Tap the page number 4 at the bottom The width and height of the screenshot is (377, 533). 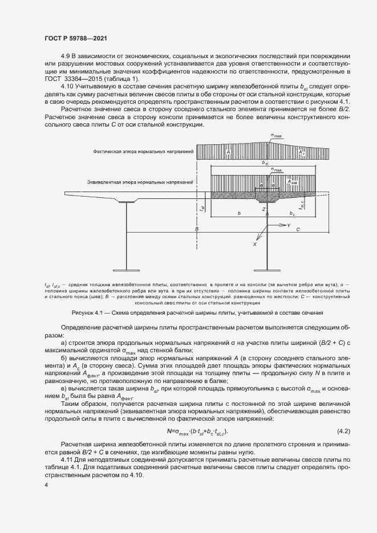46,485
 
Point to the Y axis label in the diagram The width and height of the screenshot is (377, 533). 289,226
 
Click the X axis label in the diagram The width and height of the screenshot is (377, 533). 255,244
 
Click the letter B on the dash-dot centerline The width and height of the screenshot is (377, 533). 196,228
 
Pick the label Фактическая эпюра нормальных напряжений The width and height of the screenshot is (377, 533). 144,152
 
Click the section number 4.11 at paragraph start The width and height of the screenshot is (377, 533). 67,459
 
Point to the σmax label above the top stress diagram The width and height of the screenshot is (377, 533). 277,136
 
